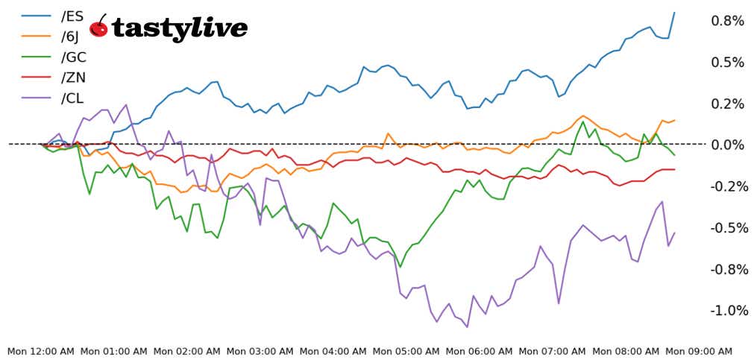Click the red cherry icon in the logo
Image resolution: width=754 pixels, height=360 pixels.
point(98,28)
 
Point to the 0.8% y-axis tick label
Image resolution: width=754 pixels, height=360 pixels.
point(727,21)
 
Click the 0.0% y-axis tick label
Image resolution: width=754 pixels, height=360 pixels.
point(727,145)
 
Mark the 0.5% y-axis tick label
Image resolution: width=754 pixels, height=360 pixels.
point(727,62)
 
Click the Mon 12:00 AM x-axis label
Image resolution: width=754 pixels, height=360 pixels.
point(41,351)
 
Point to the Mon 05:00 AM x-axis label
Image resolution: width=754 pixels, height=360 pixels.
point(406,351)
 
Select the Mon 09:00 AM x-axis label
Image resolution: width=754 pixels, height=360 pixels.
point(699,351)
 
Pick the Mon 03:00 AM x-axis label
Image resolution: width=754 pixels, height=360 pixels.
point(260,351)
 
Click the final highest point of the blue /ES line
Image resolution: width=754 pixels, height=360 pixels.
point(674,12)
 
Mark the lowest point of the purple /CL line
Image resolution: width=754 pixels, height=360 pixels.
point(468,326)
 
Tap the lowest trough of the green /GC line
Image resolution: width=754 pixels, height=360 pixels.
point(400,267)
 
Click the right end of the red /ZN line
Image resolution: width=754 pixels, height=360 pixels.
point(674,169)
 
